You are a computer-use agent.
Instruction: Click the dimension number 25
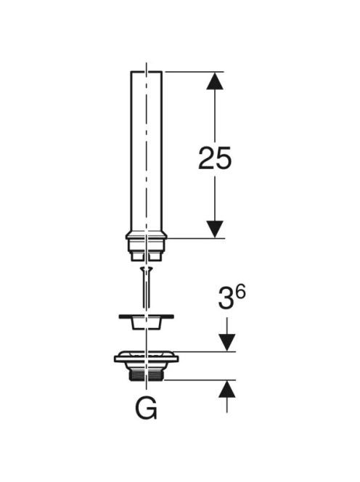pos(215,158)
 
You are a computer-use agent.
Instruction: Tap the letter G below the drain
pos(147,409)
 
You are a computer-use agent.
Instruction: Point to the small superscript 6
pos(240,292)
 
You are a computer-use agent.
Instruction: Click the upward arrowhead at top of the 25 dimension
pos(215,81)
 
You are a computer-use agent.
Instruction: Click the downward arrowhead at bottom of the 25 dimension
pos(215,229)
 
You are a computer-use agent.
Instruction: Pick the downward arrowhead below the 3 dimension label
pos(227,343)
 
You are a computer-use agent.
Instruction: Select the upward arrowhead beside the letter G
pos(227,389)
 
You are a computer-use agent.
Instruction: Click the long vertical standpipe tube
pos(147,152)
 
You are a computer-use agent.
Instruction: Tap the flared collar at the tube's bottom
pos(147,236)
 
